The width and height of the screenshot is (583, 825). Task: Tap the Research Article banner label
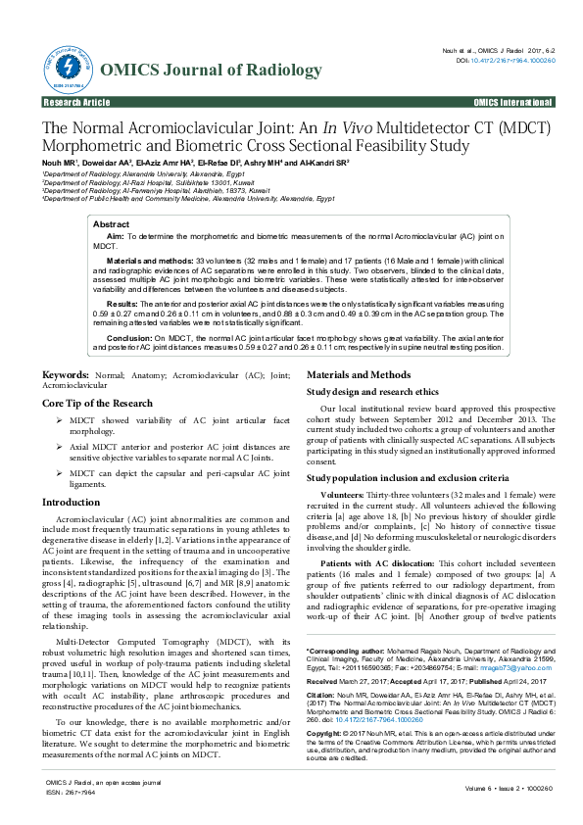click(x=77, y=103)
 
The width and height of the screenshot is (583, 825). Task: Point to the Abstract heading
click(x=111, y=225)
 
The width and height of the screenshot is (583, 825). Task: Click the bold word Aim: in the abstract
click(x=115, y=237)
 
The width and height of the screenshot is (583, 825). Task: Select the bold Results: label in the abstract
click(x=122, y=305)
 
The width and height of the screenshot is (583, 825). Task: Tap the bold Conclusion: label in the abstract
click(x=129, y=338)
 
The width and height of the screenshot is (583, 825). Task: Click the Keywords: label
click(x=66, y=374)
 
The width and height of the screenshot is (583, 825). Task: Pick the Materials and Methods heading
click(x=359, y=374)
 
